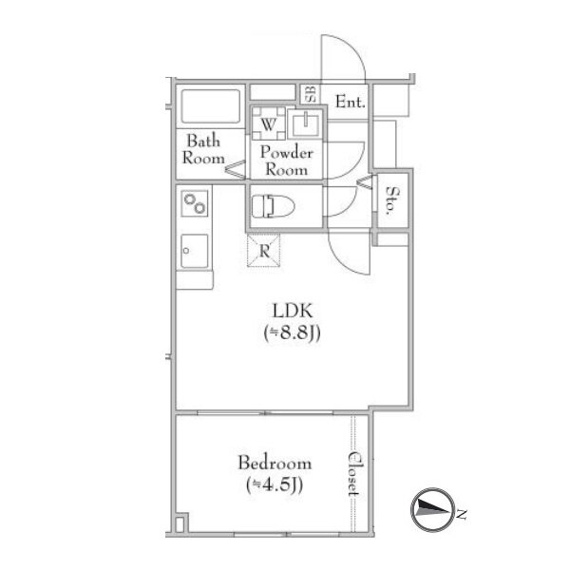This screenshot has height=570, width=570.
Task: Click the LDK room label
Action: [x=293, y=312]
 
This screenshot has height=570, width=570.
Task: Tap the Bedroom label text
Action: [x=275, y=464]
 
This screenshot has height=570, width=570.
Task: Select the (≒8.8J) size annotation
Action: [x=293, y=332]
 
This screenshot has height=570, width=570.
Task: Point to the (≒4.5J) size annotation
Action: [x=275, y=485]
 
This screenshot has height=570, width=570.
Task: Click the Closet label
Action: [x=353, y=474]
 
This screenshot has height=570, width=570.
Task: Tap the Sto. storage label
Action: [x=391, y=200]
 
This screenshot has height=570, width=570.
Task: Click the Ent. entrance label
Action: [x=350, y=102]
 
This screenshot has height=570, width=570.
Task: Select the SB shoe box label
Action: [x=310, y=94]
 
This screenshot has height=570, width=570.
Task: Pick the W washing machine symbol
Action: [x=268, y=123]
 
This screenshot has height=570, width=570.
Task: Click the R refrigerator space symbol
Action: [x=263, y=251]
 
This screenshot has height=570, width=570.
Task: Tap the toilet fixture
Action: [x=273, y=206]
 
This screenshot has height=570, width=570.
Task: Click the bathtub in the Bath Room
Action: [x=211, y=106]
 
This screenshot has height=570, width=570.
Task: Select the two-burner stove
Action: [x=195, y=203]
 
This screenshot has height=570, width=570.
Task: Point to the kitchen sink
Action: [x=195, y=251]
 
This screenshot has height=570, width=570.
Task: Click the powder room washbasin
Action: [x=305, y=123]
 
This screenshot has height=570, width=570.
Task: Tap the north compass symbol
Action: [x=433, y=509]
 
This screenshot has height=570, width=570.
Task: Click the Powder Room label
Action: [x=287, y=161]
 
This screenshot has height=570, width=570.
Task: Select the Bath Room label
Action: [x=203, y=149]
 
